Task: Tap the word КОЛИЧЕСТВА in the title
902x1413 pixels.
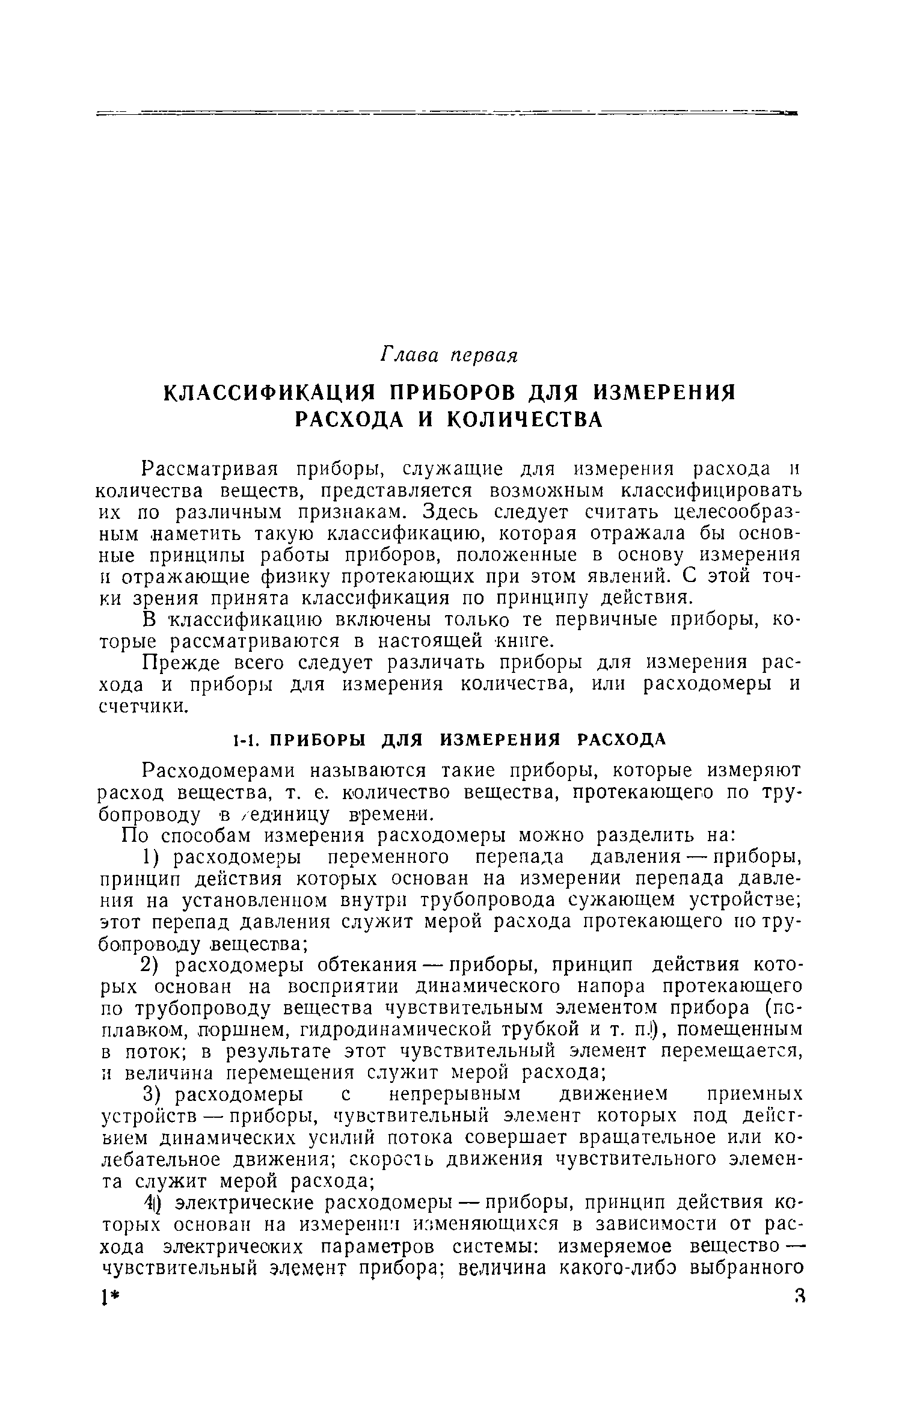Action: [527, 420]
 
